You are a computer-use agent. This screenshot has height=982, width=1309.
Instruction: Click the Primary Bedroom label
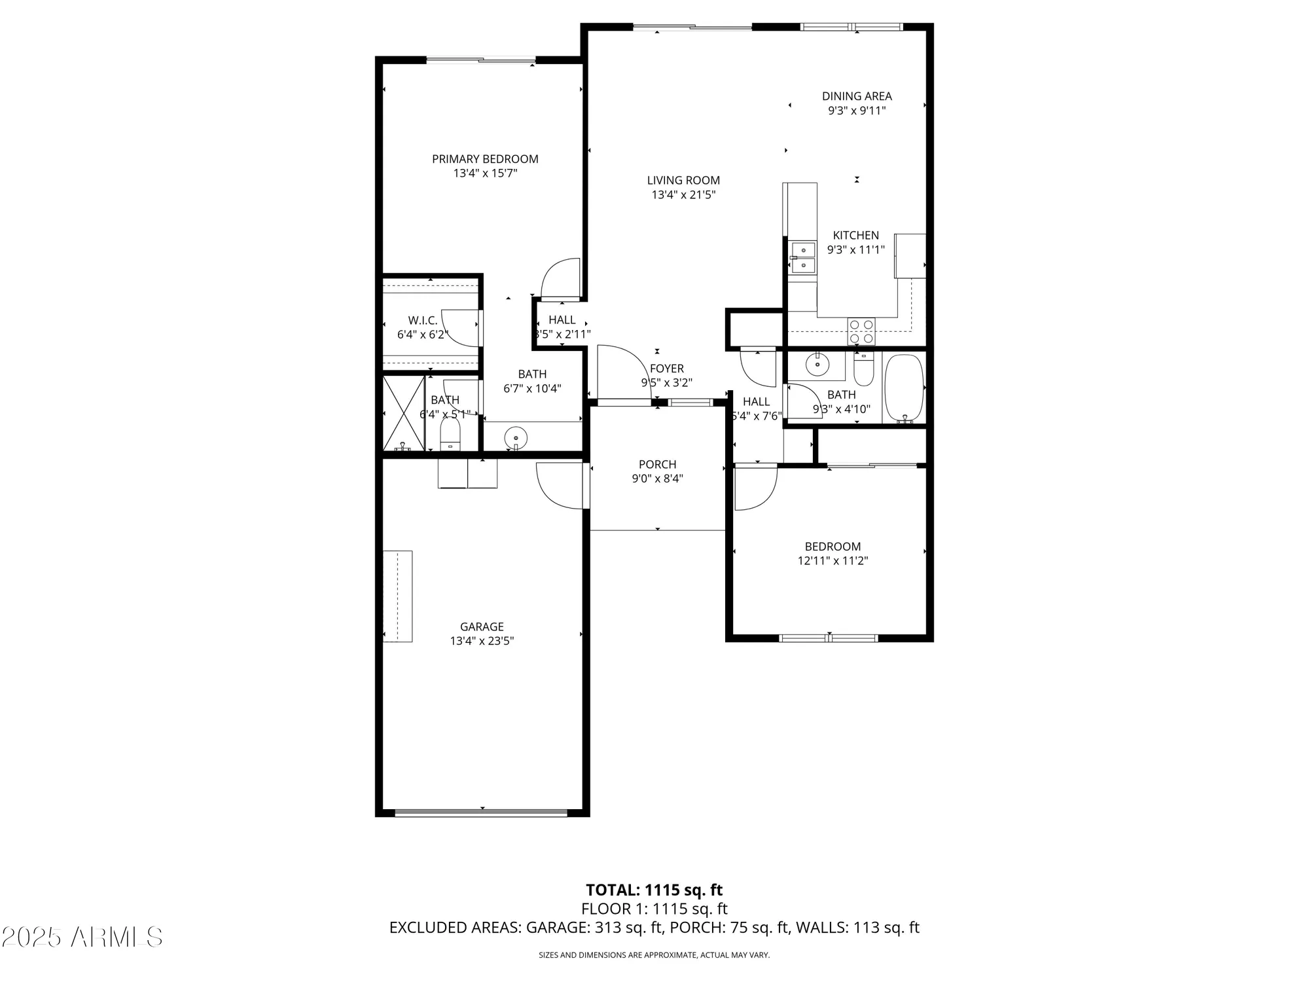485,159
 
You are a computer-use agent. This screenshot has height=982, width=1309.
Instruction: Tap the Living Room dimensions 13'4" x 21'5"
683,195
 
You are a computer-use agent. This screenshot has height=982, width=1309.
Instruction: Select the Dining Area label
857,96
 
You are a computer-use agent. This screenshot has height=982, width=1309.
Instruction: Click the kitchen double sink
802,257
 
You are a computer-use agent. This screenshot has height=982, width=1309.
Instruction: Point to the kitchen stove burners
861,331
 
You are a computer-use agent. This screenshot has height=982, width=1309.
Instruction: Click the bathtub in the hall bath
904,388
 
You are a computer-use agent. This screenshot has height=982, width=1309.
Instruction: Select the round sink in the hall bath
816,364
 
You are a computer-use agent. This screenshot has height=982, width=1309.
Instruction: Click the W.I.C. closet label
422,321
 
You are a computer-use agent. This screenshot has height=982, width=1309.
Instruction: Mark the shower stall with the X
403,413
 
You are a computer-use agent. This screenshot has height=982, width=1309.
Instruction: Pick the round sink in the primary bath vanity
516,436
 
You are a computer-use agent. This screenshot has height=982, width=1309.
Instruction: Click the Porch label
657,465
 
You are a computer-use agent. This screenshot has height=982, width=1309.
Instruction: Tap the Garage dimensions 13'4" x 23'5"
482,641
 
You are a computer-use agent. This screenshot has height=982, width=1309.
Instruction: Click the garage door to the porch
560,485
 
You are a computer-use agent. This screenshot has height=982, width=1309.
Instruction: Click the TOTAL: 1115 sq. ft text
654,890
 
